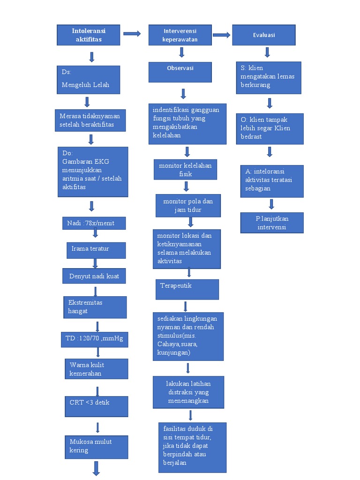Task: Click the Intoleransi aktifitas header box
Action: (x=89, y=35)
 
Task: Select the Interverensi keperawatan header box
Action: (x=180, y=35)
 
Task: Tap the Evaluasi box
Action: (x=264, y=35)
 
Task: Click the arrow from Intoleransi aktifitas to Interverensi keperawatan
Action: (x=132, y=33)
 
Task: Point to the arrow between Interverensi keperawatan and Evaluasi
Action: (x=222, y=35)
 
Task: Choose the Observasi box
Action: (x=180, y=72)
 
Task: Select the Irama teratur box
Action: (x=96, y=250)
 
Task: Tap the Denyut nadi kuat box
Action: (x=94, y=276)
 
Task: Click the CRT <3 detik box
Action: (x=96, y=406)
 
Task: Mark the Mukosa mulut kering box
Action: (x=96, y=446)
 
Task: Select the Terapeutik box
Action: (x=187, y=289)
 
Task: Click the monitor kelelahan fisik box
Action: (x=185, y=170)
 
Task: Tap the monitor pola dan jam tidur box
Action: (x=188, y=206)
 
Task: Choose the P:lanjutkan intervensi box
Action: (x=272, y=223)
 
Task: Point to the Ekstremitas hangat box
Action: (x=95, y=307)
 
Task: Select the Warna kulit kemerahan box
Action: (x=96, y=369)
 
